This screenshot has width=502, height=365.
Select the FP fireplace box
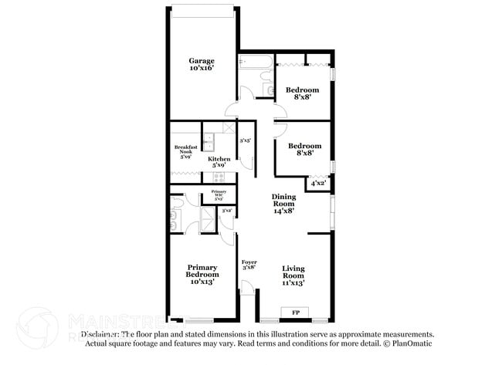[295, 313]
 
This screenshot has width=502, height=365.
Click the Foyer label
[249, 262]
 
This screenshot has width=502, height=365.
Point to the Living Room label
[293, 272]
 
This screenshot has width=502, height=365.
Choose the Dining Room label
[283, 201]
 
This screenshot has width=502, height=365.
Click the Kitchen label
[219, 160]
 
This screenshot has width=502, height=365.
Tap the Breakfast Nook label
[185, 150]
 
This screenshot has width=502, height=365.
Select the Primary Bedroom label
[202, 271]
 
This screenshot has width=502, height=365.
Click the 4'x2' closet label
[317, 183]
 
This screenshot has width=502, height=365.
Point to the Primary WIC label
[219, 193]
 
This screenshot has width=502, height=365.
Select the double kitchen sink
[209, 140]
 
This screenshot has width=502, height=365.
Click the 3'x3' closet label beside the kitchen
[245, 141]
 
